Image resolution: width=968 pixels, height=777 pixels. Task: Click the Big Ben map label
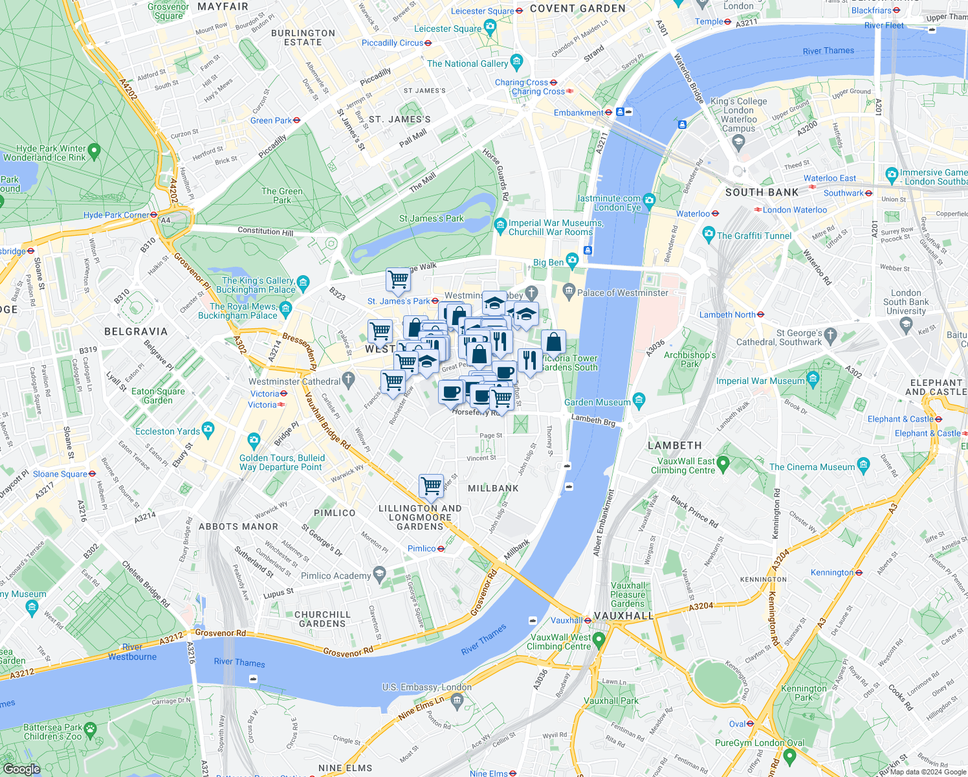(548, 262)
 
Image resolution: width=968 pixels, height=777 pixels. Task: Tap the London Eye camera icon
(650, 199)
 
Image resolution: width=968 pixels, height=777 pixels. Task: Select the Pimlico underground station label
(422, 548)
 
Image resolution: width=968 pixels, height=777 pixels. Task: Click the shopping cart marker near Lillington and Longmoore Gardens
(431, 486)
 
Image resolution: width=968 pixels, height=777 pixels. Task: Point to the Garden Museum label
(597, 402)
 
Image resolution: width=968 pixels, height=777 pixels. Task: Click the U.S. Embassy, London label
(426, 687)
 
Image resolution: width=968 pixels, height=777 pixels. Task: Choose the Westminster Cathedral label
(294, 381)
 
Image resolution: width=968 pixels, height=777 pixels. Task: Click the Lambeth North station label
(727, 315)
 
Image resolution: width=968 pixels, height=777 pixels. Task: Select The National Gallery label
(467, 63)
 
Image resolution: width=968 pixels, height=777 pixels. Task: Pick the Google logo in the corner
(21, 769)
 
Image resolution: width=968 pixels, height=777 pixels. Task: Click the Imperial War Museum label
(760, 381)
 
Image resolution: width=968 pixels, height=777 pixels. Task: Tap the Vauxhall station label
(567, 620)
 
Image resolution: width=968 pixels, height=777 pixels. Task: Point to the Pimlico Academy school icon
(380, 573)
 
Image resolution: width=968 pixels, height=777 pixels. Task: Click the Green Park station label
(270, 120)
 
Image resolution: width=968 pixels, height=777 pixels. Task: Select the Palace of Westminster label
(622, 293)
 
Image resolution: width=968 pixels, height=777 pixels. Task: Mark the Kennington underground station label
(832, 572)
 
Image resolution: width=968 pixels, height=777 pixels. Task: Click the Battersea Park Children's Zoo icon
(90, 729)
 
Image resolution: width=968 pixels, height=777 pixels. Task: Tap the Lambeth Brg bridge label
(593, 420)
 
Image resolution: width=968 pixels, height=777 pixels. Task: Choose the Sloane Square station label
(60, 474)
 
